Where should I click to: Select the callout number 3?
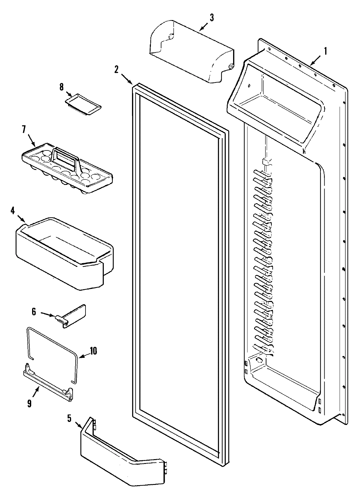212,18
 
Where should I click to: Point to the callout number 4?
13,210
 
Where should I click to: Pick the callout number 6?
34,312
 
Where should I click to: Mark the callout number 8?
61,87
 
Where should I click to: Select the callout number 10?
93,351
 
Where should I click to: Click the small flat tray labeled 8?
83,104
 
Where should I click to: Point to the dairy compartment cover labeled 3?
192,51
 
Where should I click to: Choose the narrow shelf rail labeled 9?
48,385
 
